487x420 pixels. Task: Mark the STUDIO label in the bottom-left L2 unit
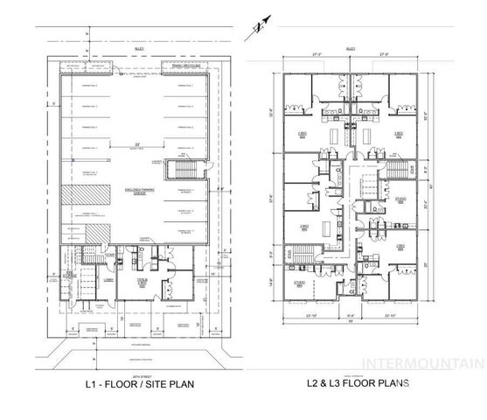299,282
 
